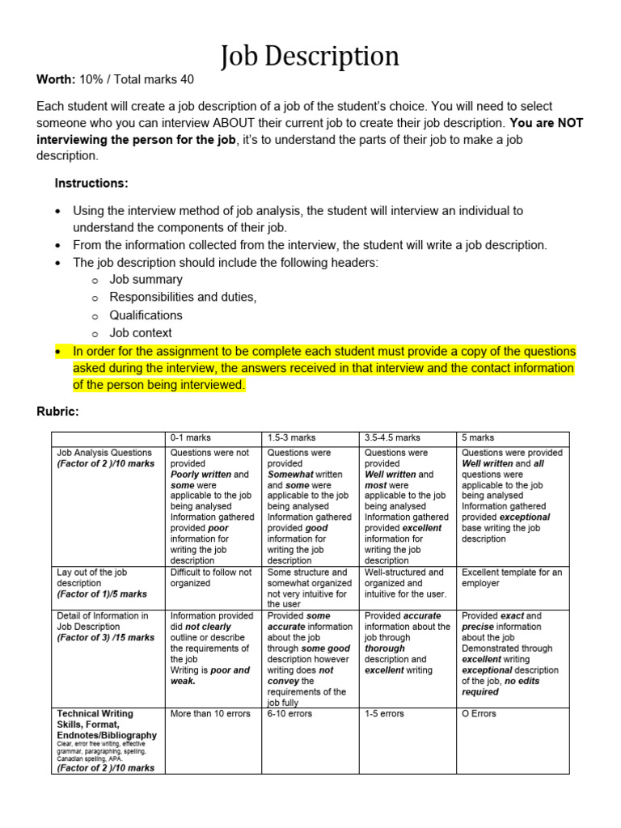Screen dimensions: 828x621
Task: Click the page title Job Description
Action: (310, 56)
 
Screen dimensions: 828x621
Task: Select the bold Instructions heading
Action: (91, 183)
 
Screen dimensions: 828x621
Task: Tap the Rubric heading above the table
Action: (57, 412)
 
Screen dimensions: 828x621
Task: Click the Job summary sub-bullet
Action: (146, 280)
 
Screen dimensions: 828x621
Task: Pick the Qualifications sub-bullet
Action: (146, 315)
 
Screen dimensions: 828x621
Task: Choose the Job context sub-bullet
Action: (141, 332)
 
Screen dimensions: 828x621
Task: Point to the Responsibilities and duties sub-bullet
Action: (183, 298)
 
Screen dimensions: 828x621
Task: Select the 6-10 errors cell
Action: (289, 714)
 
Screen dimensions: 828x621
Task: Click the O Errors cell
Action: (479, 714)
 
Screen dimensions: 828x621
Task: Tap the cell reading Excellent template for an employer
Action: (512, 577)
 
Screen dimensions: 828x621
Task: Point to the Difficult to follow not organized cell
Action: (210, 577)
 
